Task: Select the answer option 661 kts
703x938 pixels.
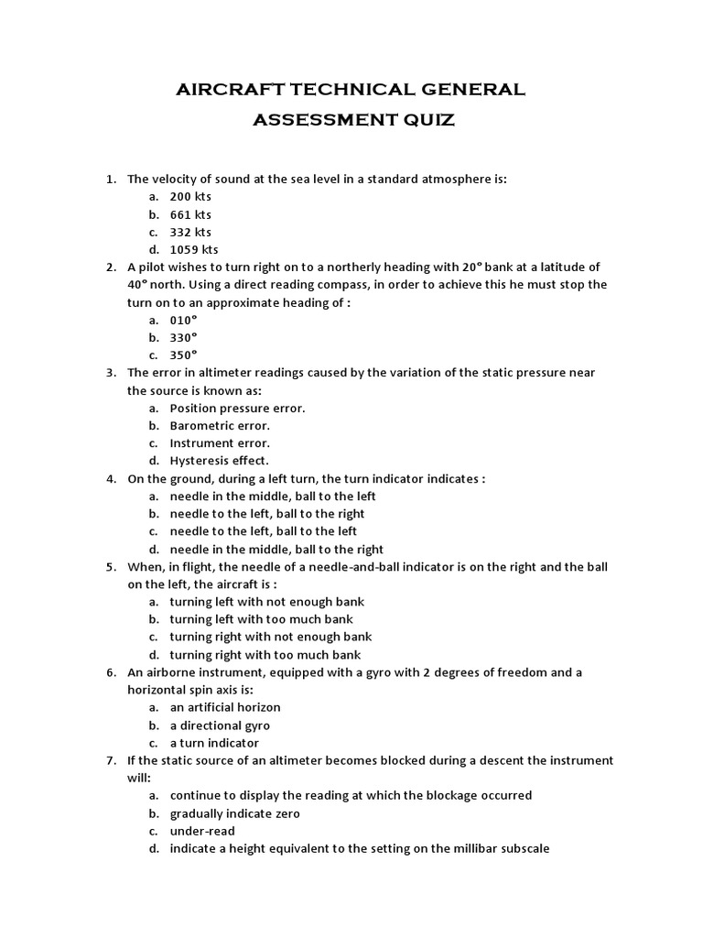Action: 190,214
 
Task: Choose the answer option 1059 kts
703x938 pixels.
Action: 194,249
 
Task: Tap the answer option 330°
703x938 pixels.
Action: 184,337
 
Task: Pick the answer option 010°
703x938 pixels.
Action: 184,320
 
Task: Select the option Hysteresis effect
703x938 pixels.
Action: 220,461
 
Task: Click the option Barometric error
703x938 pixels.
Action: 220,425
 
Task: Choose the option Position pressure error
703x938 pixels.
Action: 238,408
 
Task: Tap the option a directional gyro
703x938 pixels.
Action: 220,725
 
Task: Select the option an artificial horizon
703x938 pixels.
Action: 225,707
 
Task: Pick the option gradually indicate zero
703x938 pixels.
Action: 235,813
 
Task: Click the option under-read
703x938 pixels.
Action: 202,831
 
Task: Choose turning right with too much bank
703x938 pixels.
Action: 265,655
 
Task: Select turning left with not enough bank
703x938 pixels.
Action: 267,602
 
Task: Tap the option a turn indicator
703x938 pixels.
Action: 214,743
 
